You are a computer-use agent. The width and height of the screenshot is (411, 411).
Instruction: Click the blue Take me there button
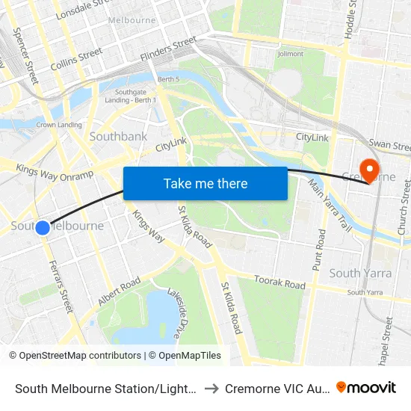coord(205,184)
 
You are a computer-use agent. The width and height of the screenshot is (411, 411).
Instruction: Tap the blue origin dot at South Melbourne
coord(43,228)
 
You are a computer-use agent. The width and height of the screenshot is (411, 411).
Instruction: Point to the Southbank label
coord(118,137)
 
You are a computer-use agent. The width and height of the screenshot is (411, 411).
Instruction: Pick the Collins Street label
coord(77,59)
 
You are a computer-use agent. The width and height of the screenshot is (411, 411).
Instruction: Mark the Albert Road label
coord(119,291)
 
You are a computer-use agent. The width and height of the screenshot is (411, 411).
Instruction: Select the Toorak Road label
coord(280,284)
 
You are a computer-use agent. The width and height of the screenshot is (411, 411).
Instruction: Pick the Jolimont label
coord(291,54)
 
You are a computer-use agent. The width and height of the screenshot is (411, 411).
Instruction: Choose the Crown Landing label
coord(59,125)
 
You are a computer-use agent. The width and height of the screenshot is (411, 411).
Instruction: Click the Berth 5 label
coord(168,79)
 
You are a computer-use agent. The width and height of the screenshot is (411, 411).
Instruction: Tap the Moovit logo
coord(366,387)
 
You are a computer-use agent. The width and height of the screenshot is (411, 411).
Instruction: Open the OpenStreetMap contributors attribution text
coord(75,356)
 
